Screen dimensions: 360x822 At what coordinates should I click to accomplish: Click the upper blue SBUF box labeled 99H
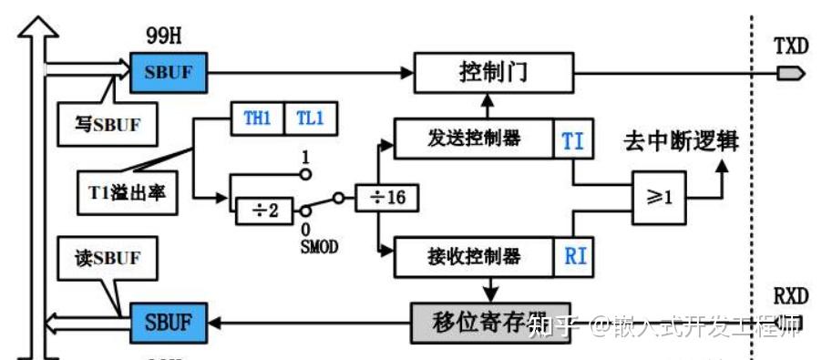click(x=169, y=71)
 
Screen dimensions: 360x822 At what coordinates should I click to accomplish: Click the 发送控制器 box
click(x=473, y=139)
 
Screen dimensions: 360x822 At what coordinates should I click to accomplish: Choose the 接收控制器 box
click(x=473, y=257)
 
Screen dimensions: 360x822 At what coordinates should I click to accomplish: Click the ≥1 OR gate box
click(x=661, y=198)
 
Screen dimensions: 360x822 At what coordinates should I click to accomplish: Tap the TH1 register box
click(x=257, y=119)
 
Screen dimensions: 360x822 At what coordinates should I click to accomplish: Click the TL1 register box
click(x=310, y=119)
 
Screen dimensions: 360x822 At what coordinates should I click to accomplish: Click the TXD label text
click(x=790, y=46)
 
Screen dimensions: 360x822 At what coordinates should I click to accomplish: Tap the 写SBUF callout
click(x=106, y=125)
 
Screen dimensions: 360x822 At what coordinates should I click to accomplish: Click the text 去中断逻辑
click(x=681, y=142)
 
